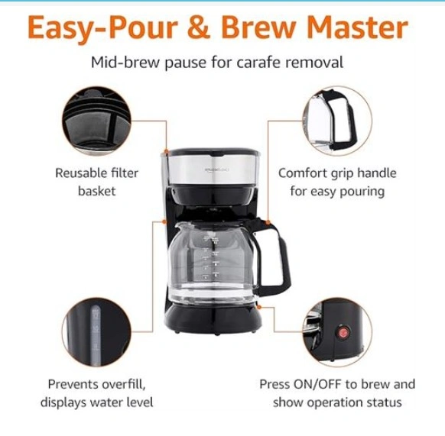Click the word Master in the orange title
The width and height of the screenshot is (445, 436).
[358, 27]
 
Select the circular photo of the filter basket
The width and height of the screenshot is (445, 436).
[96, 121]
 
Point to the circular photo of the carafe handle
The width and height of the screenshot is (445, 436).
[337, 121]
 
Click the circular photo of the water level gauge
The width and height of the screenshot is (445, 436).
[96, 332]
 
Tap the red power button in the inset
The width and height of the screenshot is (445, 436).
[343, 332]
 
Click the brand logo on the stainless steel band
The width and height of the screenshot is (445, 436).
[217, 170]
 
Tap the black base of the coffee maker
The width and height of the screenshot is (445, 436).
[213, 318]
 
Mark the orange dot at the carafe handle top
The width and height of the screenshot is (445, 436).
[268, 222]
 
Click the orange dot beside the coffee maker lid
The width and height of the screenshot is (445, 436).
[166, 152]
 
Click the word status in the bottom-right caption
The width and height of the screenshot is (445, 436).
[386, 402]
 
